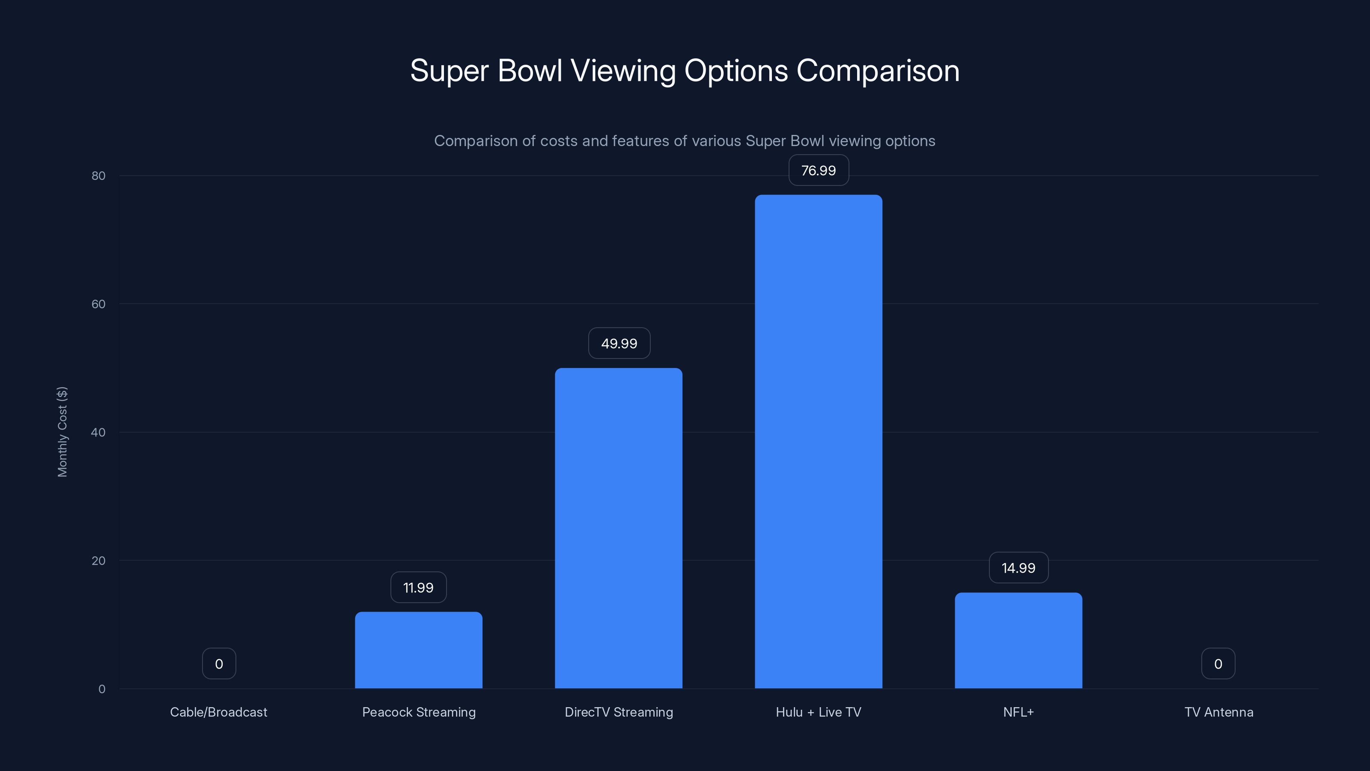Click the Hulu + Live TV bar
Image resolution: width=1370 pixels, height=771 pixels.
point(819,442)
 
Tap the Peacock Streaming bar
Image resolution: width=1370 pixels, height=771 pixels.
point(419,650)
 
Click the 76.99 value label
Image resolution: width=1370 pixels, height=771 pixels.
point(819,170)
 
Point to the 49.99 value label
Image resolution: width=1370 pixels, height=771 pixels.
point(619,343)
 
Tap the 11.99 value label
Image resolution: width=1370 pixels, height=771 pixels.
point(419,587)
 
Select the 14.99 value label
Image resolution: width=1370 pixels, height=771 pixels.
point(1019,568)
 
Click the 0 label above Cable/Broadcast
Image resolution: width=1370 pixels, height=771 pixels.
point(219,663)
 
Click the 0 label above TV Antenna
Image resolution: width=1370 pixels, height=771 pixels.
point(1218,663)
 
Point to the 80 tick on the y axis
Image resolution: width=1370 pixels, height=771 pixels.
point(98,176)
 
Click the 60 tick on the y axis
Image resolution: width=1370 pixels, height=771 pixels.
point(98,304)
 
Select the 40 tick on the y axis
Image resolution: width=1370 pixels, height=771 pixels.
point(98,432)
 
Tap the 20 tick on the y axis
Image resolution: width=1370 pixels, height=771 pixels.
point(98,560)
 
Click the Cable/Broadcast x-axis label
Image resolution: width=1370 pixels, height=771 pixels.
point(219,712)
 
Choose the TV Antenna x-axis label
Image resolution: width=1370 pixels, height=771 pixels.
point(1218,712)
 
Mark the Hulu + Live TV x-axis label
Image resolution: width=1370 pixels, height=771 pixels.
point(819,712)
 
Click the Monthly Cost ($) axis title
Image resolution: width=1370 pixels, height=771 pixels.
point(62,431)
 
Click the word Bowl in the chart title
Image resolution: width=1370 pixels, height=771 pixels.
point(530,71)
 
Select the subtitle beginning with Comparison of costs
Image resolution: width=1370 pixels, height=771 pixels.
point(685,141)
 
